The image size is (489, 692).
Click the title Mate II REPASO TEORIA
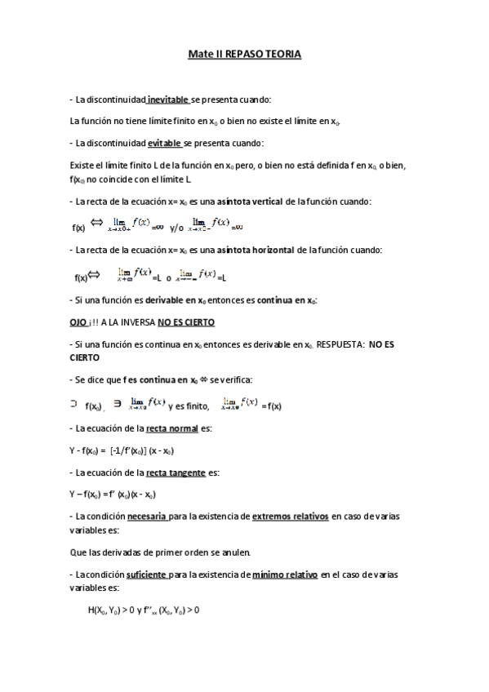coord(244,54)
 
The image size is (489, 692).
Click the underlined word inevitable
coord(167,100)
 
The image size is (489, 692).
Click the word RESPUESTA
coord(339,345)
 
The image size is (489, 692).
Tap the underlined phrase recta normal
coord(171,428)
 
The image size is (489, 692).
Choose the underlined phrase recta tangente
coord(173,472)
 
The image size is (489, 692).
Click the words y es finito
coord(189,406)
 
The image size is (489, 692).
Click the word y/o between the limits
coord(177,228)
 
